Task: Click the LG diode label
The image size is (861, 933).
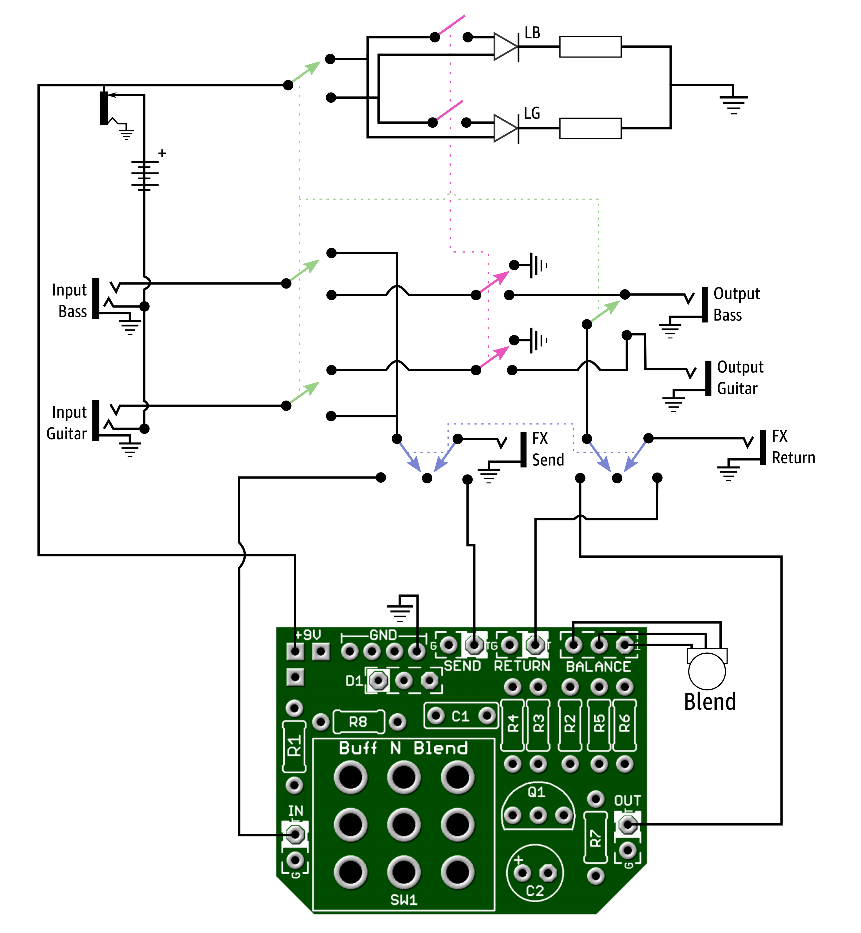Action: click(x=532, y=113)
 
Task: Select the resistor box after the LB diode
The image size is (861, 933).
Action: click(x=590, y=46)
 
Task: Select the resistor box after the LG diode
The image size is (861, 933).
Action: click(x=590, y=128)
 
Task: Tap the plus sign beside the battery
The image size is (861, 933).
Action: click(x=162, y=153)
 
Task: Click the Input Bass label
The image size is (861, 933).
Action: click(x=69, y=301)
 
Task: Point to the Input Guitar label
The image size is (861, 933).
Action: click(x=67, y=423)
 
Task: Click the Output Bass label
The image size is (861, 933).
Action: click(x=736, y=304)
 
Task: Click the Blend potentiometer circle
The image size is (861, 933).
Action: click(x=707, y=671)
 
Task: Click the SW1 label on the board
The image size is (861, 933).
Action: click(x=404, y=899)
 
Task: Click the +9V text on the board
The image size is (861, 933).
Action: click(x=308, y=634)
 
